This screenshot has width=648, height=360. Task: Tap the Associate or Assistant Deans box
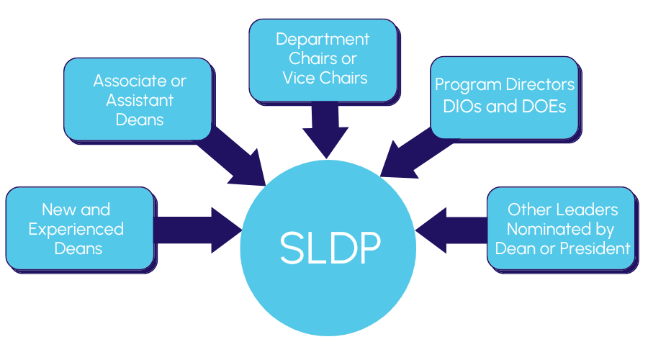click(x=138, y=99)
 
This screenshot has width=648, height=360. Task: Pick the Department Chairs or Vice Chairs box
click(x=323, y=59)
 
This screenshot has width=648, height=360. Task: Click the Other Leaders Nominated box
click(x=562, y=228)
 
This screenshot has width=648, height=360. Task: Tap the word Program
click(x=466, y=85)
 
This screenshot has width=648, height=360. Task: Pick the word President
click(x=593, y=248)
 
